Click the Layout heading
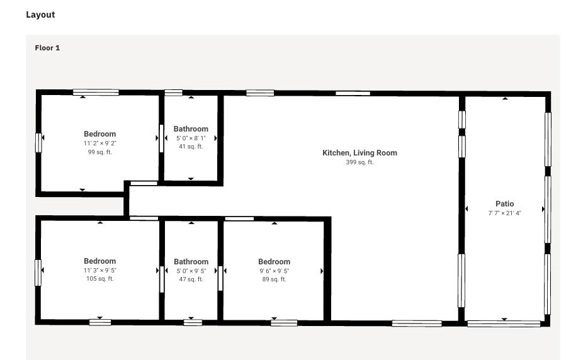pos(40,14)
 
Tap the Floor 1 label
pos(47,48)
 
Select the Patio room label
pos(505,204)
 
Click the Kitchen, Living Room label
pos(360,153)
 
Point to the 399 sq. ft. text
pos(360,162)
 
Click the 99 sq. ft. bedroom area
pos(99,152)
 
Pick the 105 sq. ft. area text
pos(100,279)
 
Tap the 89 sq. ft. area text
pos(274,279)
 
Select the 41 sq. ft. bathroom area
pos(191,147)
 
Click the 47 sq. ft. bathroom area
pos(191,279)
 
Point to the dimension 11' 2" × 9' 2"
pos(99,143)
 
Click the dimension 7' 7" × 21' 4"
pos(505,213)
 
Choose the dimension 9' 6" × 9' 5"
pos(274,271)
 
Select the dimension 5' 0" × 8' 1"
pos(191,138)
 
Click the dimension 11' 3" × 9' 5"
pos(100,271)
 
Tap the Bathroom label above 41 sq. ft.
pos(191,129)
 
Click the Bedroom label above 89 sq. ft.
pos(274,262)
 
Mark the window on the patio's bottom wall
pos(504,323)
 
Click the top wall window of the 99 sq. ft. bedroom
pos(96,93)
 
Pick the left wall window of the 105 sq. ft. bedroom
pos(38,273)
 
